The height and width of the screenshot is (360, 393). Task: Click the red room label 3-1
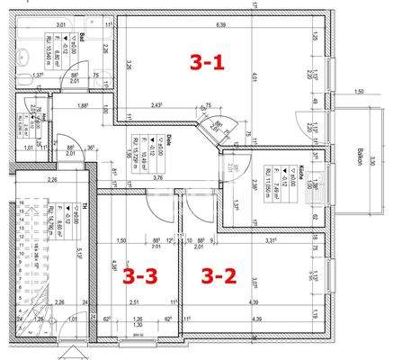click(x=208, y=62)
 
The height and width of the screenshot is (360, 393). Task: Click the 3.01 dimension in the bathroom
click(x=61, y=25)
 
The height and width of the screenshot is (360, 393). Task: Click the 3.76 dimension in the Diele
click(x=158, y=178)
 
